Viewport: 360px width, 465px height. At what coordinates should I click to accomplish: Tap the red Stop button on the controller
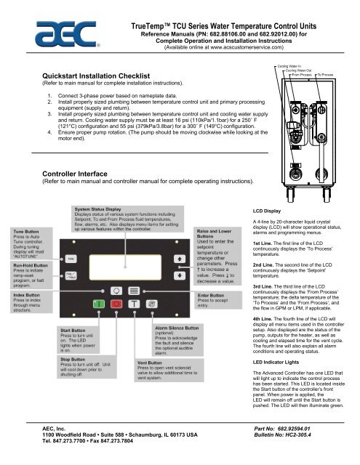tap(116, 304)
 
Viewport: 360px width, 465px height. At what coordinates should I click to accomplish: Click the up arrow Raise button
tap(179, 259)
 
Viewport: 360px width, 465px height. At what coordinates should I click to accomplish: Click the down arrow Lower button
tap(179, 275)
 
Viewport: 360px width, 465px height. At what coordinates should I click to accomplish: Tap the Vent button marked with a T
tap(133, 304)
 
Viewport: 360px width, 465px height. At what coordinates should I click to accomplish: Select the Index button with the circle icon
tap(116, 291)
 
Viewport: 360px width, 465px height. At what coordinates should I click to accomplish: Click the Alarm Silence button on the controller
tap(151, 304)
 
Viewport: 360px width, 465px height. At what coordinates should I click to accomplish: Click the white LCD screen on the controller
tap(125, 267)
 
